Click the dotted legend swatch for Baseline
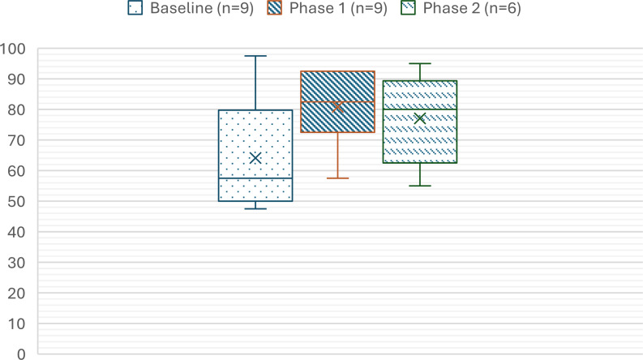pos(136,10)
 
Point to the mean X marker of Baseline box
pos(255,157)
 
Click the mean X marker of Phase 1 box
pos(337,107)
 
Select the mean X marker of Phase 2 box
pos(420,118)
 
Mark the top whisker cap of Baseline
pos(255,56)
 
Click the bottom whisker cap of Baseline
pos(255,208)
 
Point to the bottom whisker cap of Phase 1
pos(337,178)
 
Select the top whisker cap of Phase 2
pos(420,63)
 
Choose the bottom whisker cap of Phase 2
pos(420,186)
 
